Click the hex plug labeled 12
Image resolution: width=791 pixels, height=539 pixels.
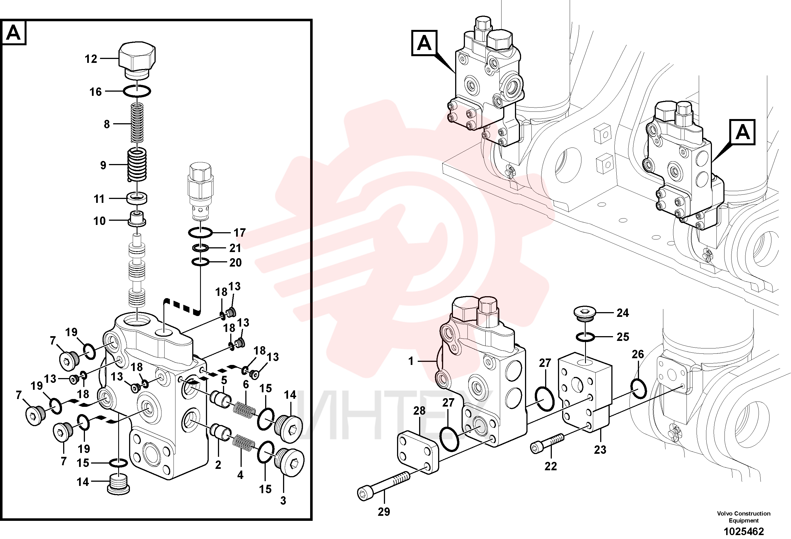[137, 61]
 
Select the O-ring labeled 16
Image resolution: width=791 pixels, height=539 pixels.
[136, 91]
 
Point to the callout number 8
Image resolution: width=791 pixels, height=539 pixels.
[107, 124]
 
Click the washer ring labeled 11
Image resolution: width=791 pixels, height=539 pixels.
[137, 198]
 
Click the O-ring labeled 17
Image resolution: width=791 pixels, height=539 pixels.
[200, 233]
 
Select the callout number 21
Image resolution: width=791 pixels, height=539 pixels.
[235, 248]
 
